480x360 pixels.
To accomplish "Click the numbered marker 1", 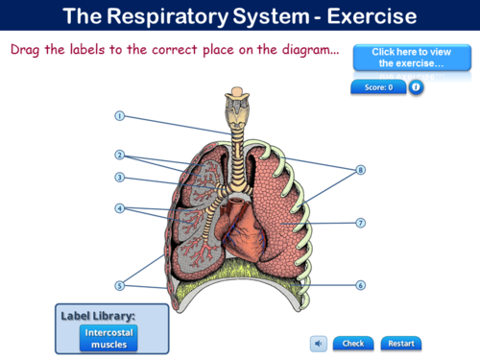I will (120, 116).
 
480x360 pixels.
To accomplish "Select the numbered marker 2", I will (120, 155).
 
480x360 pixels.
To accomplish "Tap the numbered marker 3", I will (120, 177).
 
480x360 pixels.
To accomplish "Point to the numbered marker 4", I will (120, 207).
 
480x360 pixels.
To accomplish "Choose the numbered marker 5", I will (120, 285).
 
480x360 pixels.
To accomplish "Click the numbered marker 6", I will (361, 285).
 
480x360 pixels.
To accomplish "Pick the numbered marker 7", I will (361, 223).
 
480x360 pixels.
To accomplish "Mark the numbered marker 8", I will (361, 170).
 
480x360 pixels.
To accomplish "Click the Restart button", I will (401, 343).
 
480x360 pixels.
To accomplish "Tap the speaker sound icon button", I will (319, 343).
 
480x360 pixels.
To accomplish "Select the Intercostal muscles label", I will (108, 337).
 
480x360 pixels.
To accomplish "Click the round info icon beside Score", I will (416, 87).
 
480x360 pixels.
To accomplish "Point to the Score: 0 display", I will (378, 87).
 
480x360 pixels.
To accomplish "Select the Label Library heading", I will (98, 315).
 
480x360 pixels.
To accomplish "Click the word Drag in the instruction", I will (26, 49).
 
